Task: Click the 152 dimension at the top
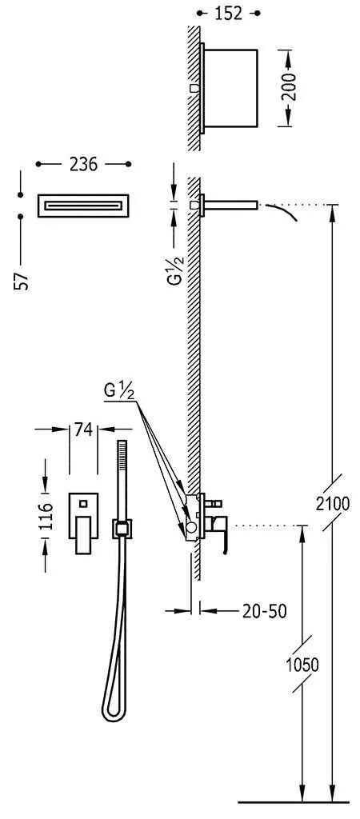(x=229, y=14)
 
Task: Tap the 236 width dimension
(x=83, y=165)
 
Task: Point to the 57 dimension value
(x=22, y=281)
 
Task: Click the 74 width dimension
(x=83, y=429)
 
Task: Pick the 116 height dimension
(x=46, y=516)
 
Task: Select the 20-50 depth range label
(x=264, y=610)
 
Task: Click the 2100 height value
(x=332, y=504)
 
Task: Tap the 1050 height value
(x=302, y=665)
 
